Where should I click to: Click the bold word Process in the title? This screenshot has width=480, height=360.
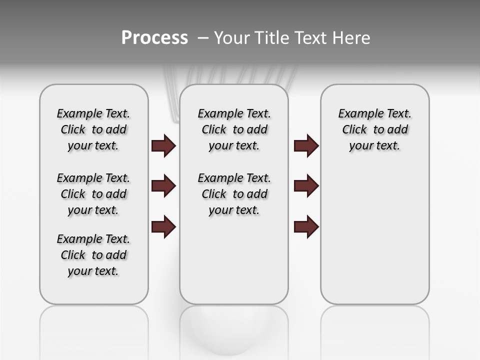pyautogui.click(x=154, y=38)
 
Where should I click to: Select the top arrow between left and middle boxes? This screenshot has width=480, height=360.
pyautogui.click(x=163, y=145)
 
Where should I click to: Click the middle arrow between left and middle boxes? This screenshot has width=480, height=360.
pyautogui.click(x=163, y=186)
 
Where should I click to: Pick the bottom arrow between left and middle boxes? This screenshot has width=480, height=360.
pyautogui.click(x=163, y=227)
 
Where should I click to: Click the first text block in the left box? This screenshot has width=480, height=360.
pyautogui.click(x=93, y=129)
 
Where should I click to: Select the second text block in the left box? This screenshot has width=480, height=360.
pyautogui.click(x=93, y=194)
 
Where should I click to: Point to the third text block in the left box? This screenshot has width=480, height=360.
pyautogui.click(x=93, y=255)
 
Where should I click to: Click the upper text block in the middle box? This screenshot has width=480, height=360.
pyautogui.click(x=234, y=129)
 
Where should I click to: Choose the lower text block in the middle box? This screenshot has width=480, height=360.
pyautogui.click(x=234, y=194)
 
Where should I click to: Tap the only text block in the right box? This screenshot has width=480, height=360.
pyautogui.click(x=374, y=129)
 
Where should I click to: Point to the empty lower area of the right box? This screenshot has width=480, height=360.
pyautogui.click(x=374, y=235)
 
